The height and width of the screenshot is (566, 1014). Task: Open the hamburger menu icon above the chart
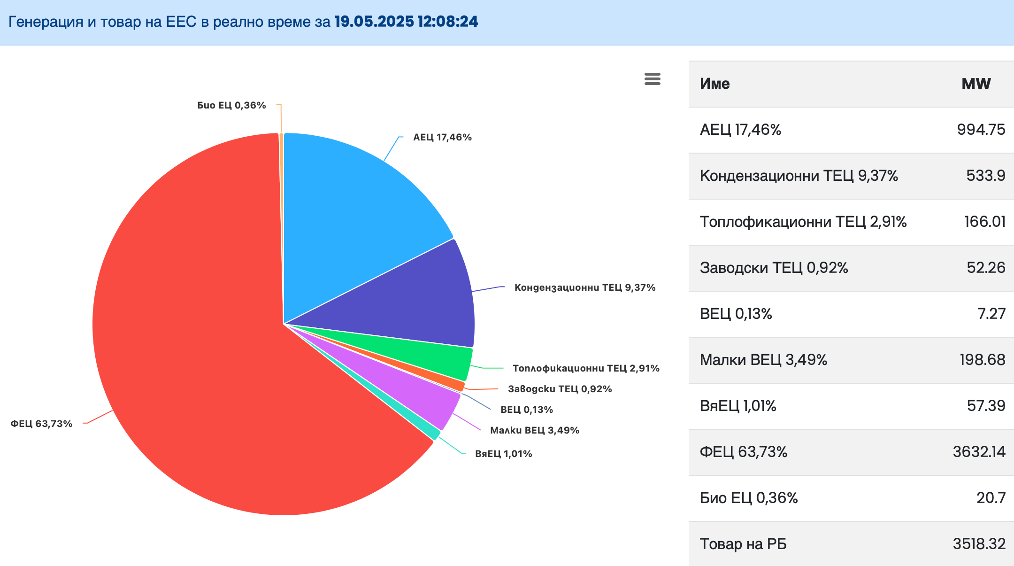[652, 79]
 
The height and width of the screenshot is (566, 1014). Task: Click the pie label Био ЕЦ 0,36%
[231, 105]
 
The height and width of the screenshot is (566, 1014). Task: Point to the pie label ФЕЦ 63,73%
[41, 424]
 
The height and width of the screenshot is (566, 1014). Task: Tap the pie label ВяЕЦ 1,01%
[503, 454]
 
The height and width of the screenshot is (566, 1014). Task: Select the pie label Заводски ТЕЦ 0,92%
[560, 389]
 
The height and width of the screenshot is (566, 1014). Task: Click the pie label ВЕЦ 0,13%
[526, 410]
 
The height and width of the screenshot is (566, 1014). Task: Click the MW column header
[976, 84]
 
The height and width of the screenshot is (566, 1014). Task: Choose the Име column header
[714, 84]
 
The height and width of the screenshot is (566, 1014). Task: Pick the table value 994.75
[981, 130]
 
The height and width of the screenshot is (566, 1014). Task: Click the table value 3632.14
[978, 452]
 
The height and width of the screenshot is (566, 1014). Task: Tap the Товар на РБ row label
[743, 544]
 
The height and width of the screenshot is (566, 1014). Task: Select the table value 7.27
[991, 314]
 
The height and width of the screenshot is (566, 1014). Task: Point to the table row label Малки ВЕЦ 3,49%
[763, 360]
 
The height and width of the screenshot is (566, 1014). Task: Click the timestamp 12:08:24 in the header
[447, 22]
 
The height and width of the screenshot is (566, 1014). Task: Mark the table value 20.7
[991, 498]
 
